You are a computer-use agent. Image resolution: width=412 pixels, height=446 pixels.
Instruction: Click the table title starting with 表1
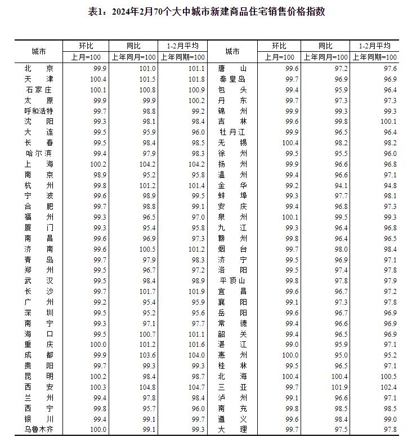207,12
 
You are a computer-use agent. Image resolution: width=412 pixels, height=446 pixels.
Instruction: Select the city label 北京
39,68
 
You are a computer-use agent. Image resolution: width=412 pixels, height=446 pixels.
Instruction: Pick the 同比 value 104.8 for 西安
147,388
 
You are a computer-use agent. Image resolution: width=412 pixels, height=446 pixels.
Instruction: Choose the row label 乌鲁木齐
39,430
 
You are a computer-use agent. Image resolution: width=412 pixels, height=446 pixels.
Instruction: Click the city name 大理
232,430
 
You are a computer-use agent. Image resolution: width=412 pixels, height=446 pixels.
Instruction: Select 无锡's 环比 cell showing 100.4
292,142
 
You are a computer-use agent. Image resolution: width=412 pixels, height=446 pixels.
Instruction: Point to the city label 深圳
39,313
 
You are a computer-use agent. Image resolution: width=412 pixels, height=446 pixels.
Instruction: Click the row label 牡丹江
232,132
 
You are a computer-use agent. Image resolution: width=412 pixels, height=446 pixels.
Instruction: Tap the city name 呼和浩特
39,111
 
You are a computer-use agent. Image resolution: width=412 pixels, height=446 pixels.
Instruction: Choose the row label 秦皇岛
232,79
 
